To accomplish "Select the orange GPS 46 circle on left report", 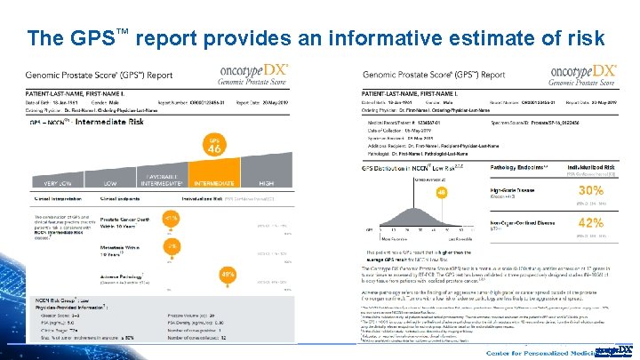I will (214, 148).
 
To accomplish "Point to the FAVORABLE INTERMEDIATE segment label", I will (165, 179).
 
